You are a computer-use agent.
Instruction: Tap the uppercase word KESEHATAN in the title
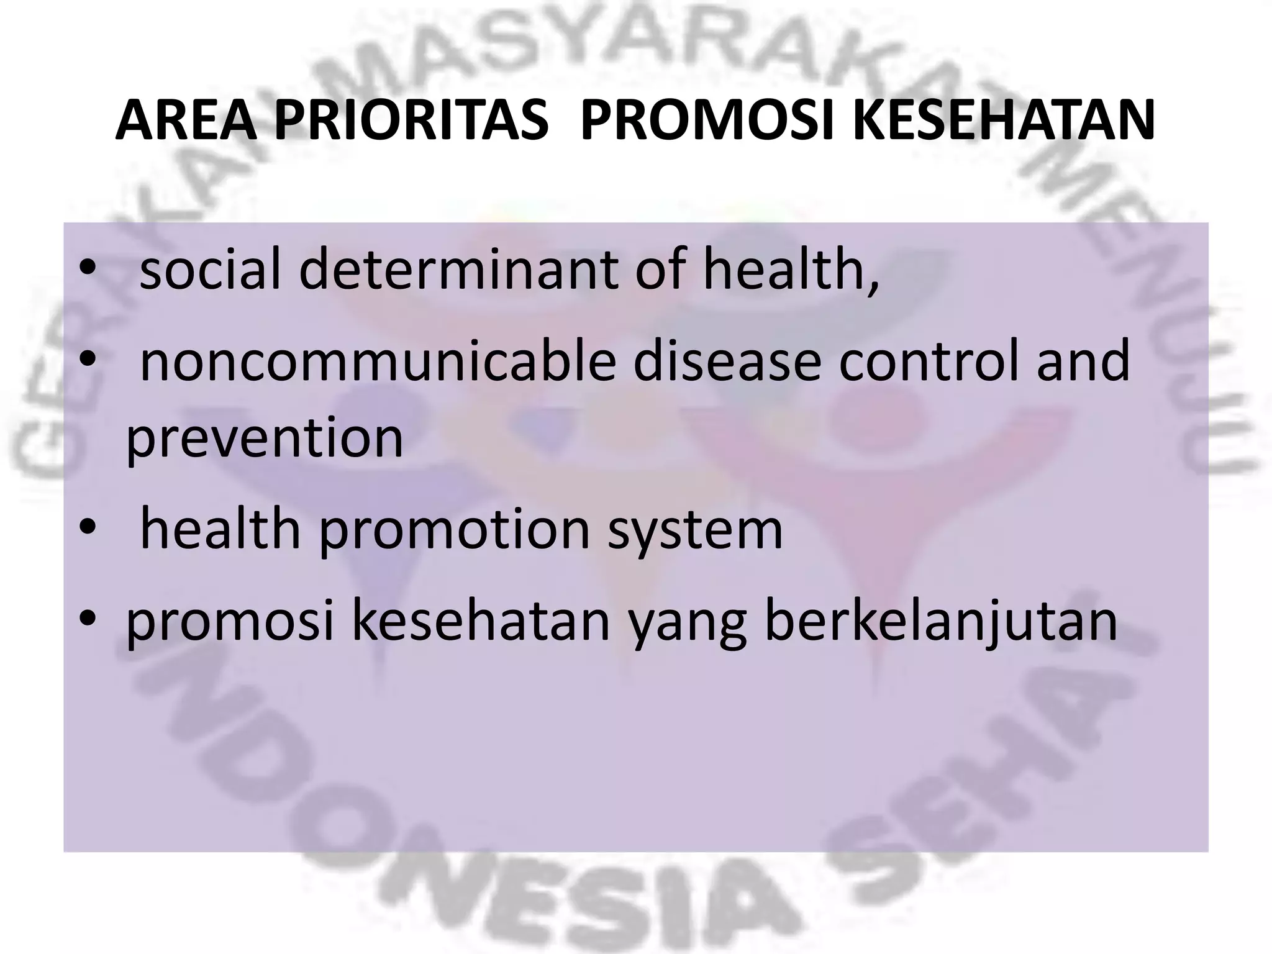tap(1004, 121)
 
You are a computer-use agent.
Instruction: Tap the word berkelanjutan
tap(941, 623)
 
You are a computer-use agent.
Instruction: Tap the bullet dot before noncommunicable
tap(88, 360)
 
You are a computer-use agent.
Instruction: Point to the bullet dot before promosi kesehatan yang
tap(88, 620)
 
